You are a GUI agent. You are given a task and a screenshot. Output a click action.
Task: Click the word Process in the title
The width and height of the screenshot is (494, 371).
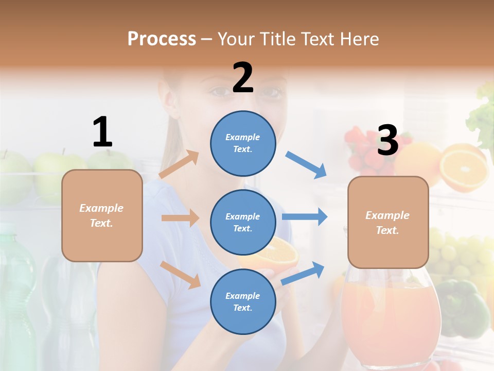(162, 39)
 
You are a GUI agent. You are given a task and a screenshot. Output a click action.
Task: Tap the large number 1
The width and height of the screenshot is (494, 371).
(102, 132)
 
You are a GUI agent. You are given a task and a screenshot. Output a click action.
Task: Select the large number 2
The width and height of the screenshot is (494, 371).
(243, 78)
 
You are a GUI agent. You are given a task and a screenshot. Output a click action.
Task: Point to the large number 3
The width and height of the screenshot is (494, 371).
(387, 140)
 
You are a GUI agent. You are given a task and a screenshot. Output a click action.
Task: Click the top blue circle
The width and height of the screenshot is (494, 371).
(243, 143)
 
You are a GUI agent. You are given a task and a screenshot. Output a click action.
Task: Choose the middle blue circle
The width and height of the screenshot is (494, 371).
(243, 222)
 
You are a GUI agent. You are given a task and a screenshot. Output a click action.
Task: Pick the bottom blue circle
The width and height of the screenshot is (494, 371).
(243, 301)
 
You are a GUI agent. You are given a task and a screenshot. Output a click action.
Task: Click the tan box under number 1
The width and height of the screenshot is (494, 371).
(102, 215)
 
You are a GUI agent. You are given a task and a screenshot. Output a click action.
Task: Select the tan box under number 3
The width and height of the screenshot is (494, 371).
(388, 222)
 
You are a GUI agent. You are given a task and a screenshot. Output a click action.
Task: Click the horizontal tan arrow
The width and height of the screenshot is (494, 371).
(180, 218)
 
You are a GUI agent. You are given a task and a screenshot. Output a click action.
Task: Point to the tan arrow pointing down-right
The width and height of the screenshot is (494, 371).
(181, 275)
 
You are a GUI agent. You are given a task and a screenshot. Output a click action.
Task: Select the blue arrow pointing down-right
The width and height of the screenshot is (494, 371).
(306, 165)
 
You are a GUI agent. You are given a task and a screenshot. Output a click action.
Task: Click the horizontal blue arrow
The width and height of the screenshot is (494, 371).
(305, 216)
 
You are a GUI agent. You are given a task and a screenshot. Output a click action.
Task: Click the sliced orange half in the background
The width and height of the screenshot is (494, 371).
(463, 167)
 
